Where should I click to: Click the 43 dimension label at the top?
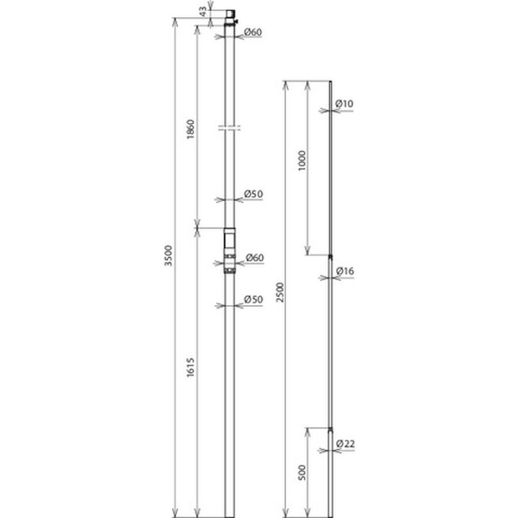pos(204,11)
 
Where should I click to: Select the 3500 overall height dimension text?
pos(168,255)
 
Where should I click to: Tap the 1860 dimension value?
pos(191,129)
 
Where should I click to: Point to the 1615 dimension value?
pos(190,367)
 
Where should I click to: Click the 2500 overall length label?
pos(280,292)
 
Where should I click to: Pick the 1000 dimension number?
pos(302,161)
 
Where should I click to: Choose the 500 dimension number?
pos(302,472)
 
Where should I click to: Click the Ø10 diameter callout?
pos(344,104)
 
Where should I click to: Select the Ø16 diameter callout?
pos(345,271)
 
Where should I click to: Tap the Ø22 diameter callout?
pos(345,444)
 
